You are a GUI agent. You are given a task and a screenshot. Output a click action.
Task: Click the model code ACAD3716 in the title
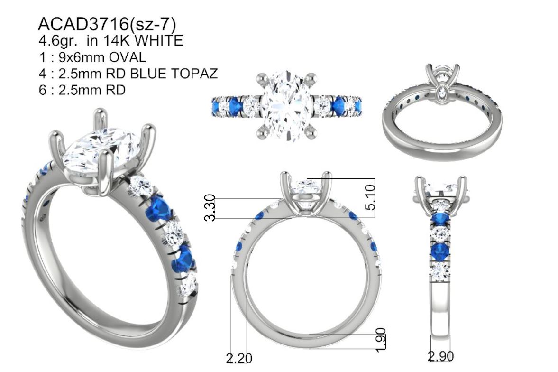(x=83, y=24)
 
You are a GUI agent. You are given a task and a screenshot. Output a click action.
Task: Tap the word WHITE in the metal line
(x=160, y=41)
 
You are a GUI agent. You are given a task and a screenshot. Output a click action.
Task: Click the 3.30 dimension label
(x=210, y=207)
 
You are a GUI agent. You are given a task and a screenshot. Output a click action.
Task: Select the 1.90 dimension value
(x=380, y=340)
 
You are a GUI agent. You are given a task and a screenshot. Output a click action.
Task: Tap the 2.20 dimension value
(x=239, y=358)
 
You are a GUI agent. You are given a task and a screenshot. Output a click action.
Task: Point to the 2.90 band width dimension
(x=440, y=356)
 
